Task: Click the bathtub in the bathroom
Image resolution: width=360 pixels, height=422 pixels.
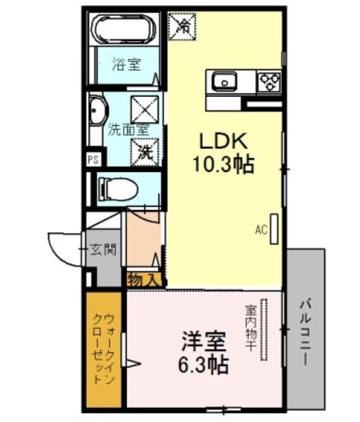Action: (x=124, y=29)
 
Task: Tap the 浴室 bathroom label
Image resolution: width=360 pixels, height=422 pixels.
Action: (x=126, y=64)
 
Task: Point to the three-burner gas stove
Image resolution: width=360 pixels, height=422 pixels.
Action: (x=269, y=81)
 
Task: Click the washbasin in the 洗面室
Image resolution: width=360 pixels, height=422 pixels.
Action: (x=97, y=110)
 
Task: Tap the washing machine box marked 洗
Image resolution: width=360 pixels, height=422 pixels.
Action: (x=145, y=152)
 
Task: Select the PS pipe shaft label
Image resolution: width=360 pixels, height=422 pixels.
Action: (x=93, y=160)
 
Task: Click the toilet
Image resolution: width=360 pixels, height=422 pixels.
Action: (x=118, y=189)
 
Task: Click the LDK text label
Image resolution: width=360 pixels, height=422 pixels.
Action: (x=223, y=141)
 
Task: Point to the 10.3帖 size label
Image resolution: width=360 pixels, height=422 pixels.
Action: (x=223, y=164)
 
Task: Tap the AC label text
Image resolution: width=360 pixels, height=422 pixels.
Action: (x=261, y=229)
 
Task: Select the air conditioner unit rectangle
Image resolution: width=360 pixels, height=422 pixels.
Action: (x=274, y=229)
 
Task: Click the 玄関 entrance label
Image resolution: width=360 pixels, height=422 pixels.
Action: (x=103, y=250)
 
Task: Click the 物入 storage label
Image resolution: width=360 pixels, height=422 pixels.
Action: (x=144, y=280)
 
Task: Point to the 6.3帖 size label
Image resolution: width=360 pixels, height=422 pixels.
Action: (x=204, y=365)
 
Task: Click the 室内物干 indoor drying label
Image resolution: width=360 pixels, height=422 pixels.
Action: (x=250, y=328)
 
